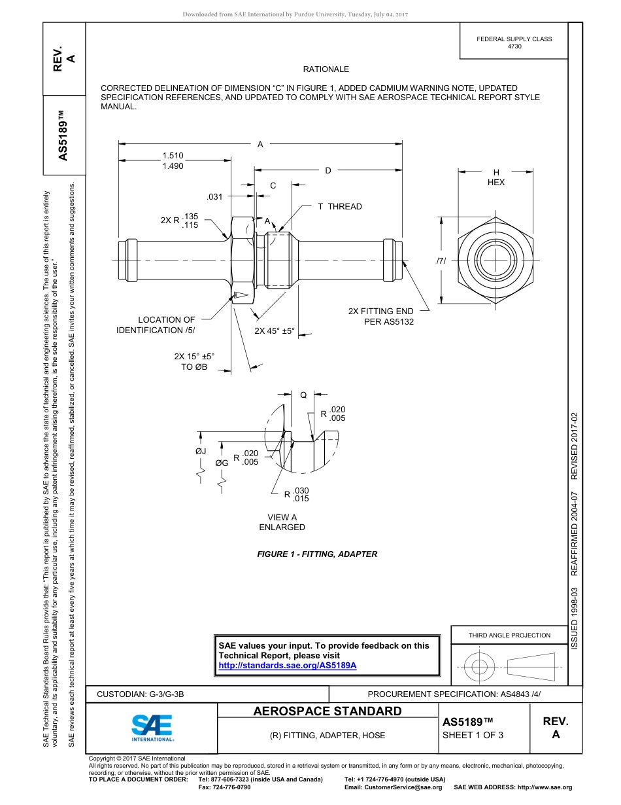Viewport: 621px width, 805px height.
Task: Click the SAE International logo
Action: [152, 726]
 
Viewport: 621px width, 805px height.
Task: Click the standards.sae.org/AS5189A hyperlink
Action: [287, 666]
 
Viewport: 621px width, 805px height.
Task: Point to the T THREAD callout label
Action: [339, 207]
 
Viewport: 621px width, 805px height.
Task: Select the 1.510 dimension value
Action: [173, 156]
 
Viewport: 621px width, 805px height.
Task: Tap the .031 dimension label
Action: [214, 196]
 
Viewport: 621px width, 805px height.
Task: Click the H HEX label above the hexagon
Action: [496, 177]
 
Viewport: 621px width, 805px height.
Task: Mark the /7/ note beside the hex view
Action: [441, 260]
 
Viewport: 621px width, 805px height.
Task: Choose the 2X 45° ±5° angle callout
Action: [275, 331]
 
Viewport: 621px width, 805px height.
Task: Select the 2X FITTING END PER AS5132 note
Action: [381, 317]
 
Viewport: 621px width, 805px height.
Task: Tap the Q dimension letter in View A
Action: [303, 395]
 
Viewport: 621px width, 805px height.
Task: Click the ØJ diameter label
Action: [201, 451]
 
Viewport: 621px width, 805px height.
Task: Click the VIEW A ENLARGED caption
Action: [282, 522]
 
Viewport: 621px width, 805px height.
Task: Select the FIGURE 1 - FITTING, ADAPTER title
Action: [317, 554]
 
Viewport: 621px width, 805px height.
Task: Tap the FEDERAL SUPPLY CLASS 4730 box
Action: [514, 42]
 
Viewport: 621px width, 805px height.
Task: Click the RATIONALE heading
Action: [326, 69]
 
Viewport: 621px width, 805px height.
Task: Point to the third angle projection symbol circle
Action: [480, 668]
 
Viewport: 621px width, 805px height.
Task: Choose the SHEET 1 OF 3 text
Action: [473, 735]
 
